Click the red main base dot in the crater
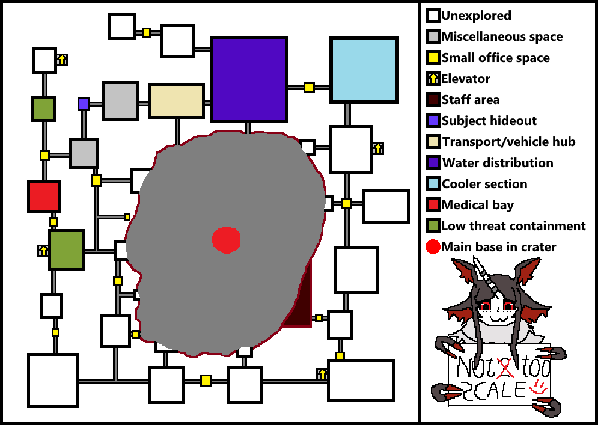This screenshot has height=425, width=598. [227, 239]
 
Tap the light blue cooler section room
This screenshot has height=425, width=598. [364, 70]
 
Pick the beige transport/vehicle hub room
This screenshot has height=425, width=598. [177, 101]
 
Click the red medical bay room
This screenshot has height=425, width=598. [44, 197]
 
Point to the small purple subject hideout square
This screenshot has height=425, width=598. [84, 104]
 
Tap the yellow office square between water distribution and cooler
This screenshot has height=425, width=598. [309, 87]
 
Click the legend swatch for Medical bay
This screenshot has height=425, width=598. [433, 205]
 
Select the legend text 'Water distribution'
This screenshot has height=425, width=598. [498, 163]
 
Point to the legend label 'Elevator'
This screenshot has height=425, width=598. [466, 79]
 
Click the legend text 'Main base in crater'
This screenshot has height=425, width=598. [499, 247]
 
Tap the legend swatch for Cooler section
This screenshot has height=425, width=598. [433, 184]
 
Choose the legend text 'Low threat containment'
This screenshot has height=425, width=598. [513, 226]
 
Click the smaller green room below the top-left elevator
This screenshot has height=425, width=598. [44, 109]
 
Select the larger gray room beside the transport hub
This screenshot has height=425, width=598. [121, 101]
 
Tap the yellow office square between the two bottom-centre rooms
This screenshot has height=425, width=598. [206, 381]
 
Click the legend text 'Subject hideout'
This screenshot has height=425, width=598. [489, 121]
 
